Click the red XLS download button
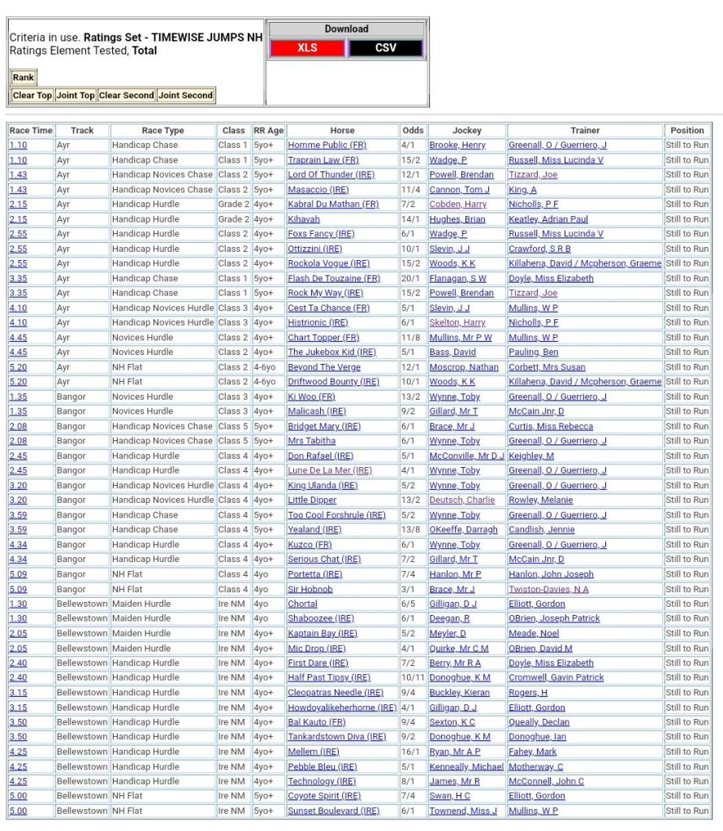[x=307, y=48]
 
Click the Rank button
[x=23, y=78]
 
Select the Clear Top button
[x=32, y=95]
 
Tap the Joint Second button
[x=185, y=95]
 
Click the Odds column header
[x=413, y=130]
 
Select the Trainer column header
[x=585, y=130]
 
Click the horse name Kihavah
[x=304, y=219]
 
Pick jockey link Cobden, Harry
[x=458, y=205]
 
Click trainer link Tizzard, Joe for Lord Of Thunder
[x=533, y=175]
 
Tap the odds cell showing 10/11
[x=413, y=677]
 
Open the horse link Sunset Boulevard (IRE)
[x=333, y=811]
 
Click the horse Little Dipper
[x=312, y=500]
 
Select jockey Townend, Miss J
[x=463, y=811]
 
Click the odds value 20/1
[x=413, y=279]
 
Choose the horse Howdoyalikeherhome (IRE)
[x=342, y=708]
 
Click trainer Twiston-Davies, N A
[x=548, y=589]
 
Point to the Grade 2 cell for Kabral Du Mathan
[x=233, y=205]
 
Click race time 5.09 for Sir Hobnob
[x=18, y=589]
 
